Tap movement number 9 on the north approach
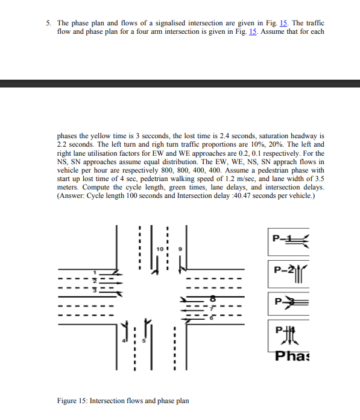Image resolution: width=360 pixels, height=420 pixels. tap(178, 249)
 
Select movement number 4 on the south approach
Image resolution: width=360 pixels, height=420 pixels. tap(124, 341)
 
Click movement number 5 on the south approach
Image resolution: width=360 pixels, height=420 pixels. tap(143, 341)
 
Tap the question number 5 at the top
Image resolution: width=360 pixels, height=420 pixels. tap(48, 23)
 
